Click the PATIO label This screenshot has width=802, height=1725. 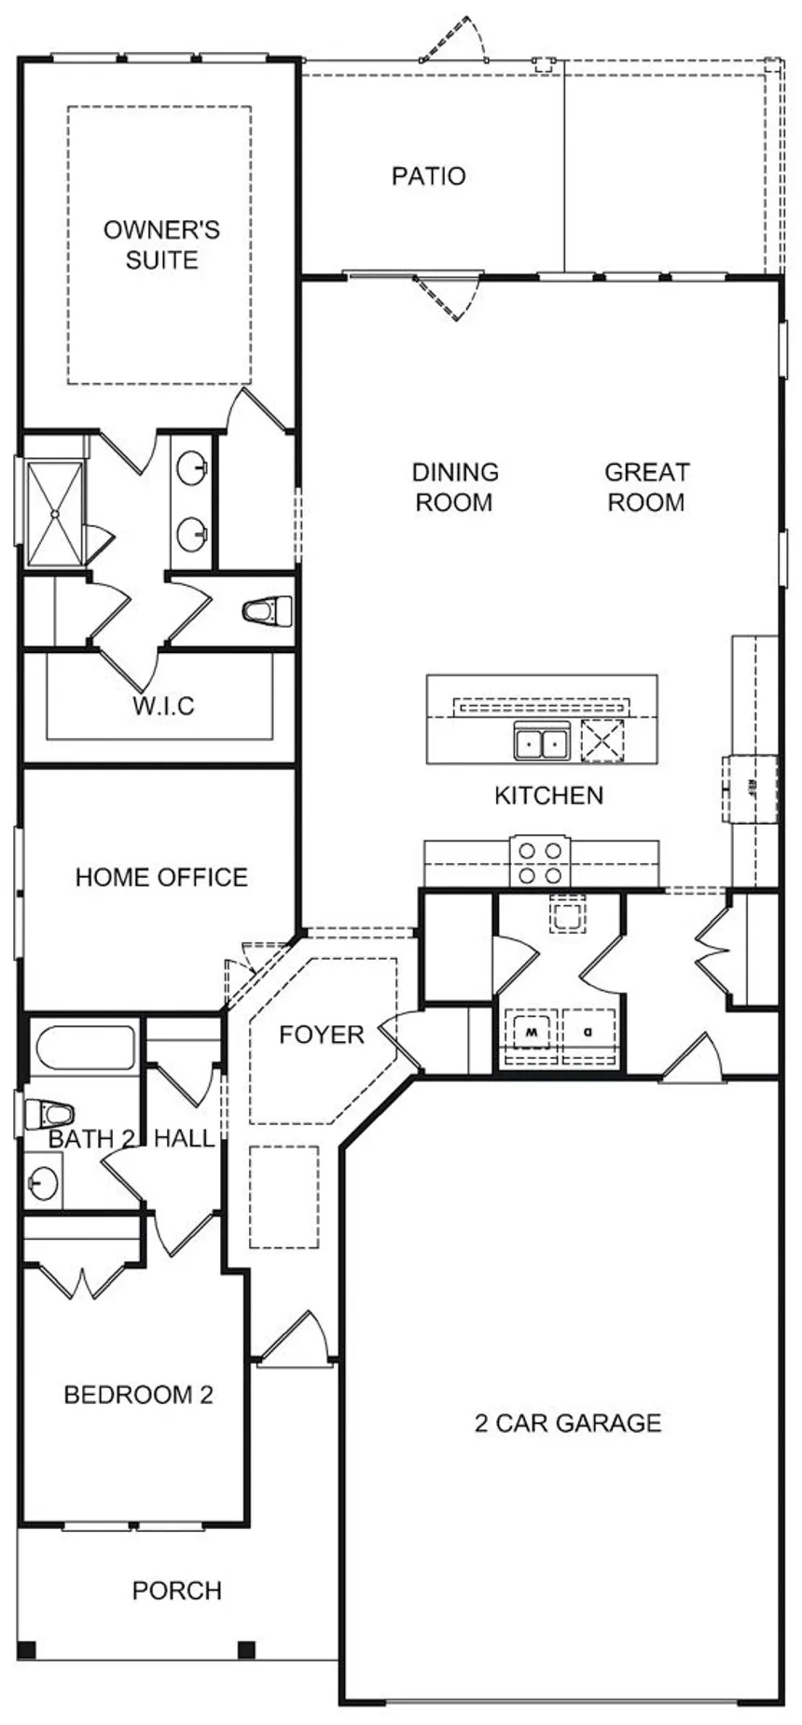tap(428, 175)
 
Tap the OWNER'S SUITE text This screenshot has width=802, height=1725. tap(161, 244)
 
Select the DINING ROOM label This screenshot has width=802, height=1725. tap(454, 487)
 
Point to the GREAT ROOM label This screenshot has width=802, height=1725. tap(646, 487)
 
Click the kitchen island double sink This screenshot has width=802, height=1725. tap(542, 743)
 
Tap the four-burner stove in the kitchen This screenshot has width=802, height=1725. tap(542, 863)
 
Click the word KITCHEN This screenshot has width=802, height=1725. tap(548, 796)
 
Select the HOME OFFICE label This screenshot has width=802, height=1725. tap(161, 877)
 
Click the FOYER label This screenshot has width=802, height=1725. tap(322, 1035)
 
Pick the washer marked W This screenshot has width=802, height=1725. tap(531, 1034)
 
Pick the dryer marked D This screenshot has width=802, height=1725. tap(588, 1034)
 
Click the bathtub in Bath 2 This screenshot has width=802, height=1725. tap(85, 1048)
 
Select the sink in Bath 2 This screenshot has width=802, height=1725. tap(43, 1184)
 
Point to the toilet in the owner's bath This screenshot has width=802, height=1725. tap(268, 612)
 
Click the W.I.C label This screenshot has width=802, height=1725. tap(163, 705)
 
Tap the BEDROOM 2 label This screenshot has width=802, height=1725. tap(138, 1395)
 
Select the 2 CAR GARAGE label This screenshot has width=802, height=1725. tap(568, 1423)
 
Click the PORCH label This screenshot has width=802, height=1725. tap(177, 1591)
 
